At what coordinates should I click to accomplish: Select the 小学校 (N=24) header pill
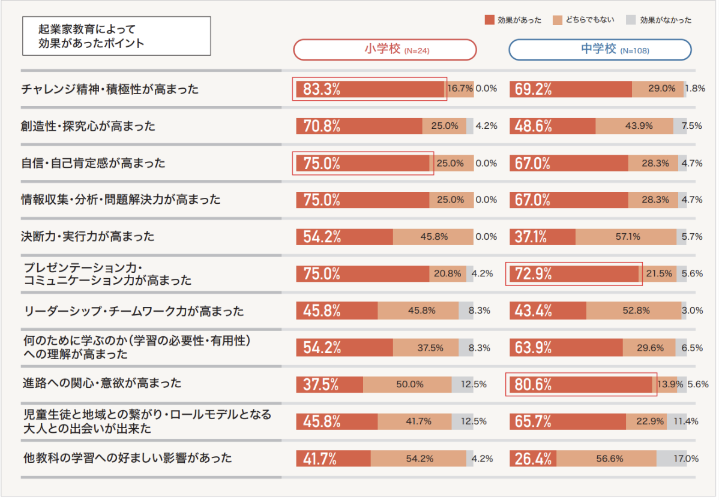[x=385, y=50]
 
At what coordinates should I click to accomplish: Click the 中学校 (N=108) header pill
[x=600, y=50]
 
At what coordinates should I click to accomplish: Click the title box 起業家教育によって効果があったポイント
[x=116, y=36]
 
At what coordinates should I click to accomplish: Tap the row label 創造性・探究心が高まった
[x=88, y=126]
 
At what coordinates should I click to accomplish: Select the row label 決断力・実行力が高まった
[x=88, y=236]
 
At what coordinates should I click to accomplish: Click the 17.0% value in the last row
[x=685, y=459]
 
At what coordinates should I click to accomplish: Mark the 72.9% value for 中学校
[x=532, y=274]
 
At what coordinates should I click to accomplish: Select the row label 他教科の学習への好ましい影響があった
[x=126, y=459]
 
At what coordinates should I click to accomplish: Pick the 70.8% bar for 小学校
[x=359, y=126]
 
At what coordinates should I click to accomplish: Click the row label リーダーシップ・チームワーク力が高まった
[x=133, y=311]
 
